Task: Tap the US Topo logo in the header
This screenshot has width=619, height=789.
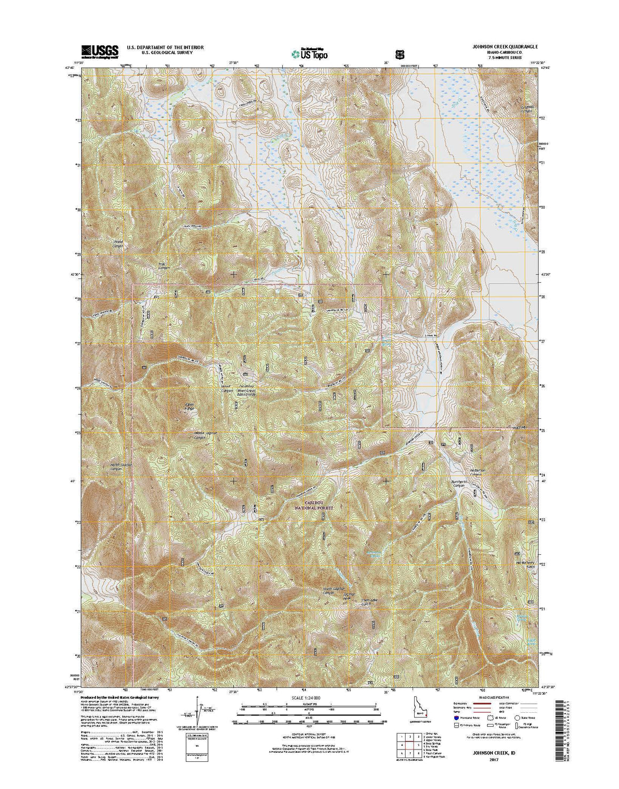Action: [309, 53]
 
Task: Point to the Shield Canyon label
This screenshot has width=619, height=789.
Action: [118, 244]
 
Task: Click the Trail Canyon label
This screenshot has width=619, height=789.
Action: [162, 265]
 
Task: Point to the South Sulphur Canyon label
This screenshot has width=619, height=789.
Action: [332, 591]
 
